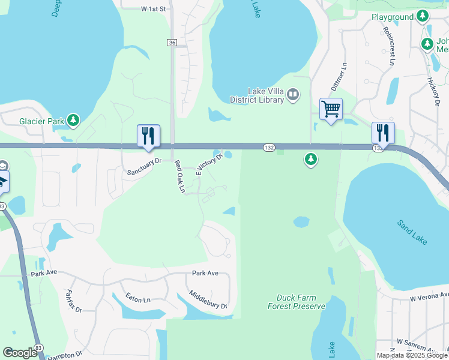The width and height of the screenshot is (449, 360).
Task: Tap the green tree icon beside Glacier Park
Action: click(73, 121)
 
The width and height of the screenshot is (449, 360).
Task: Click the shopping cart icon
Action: click(331, 110)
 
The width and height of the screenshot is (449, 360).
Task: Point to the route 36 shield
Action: click(172, 42)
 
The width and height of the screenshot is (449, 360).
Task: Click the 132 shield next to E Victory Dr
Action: click(269, 148)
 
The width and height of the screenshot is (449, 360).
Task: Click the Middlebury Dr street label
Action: click(208, 300)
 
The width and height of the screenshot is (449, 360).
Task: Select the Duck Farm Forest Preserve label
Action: click(297, 302)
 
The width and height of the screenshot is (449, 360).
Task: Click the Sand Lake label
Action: click(412, 232)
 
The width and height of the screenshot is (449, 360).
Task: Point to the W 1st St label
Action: click(152, 10)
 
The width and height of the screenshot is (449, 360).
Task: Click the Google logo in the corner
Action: click(20, 353)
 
